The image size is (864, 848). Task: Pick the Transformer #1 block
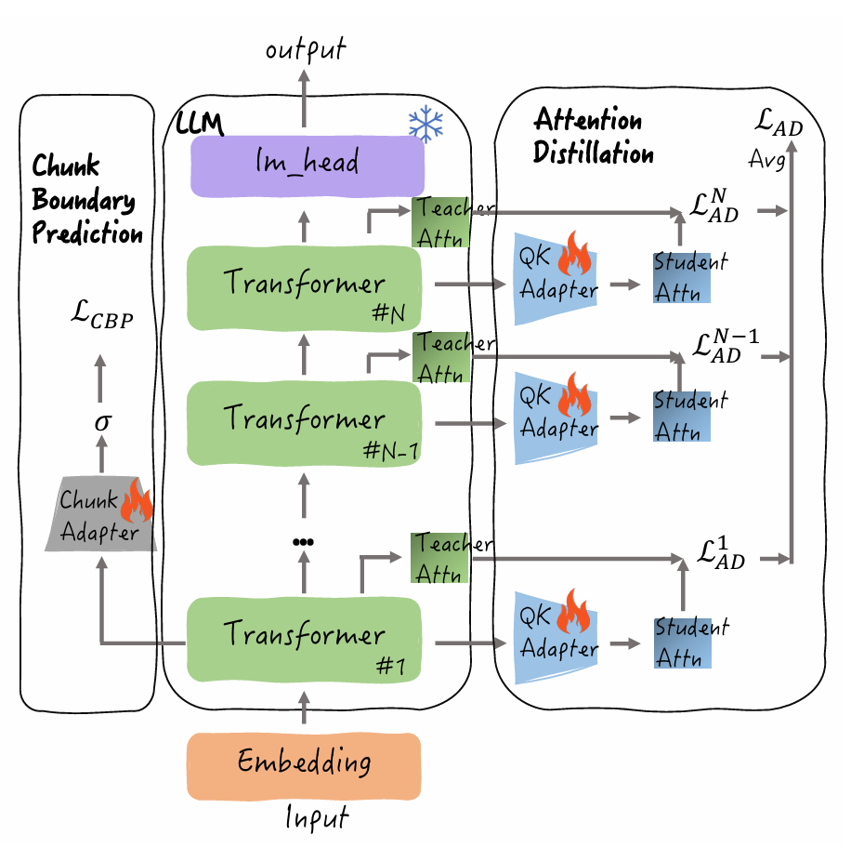[x=305, y=639]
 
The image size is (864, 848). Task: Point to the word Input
[x=316, y=818]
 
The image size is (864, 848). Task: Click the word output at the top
[x=304, y=49]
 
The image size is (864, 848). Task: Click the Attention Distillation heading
[x=593, y=137]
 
